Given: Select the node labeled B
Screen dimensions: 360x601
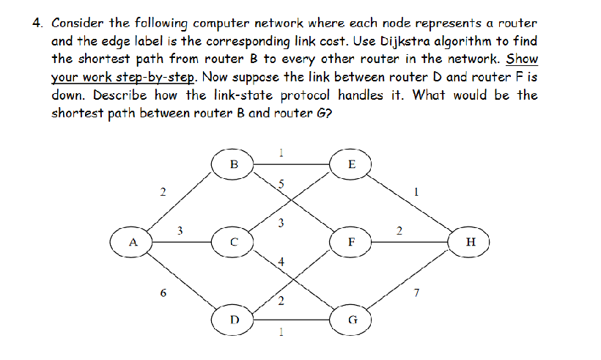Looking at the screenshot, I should coord(234,163).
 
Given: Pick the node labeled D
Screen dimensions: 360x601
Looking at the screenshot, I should coord(234,320).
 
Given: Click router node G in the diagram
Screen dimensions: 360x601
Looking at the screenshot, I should coord(353,320).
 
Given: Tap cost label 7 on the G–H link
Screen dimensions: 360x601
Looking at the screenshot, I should coord(417,293).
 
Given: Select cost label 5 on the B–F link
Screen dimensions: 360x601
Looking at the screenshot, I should coord(281,184).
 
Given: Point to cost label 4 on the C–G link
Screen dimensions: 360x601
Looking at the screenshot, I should coord(281,262).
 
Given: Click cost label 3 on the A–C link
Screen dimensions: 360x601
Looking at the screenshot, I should coord(180,232).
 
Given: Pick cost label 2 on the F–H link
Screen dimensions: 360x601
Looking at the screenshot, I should coord(399,232).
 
